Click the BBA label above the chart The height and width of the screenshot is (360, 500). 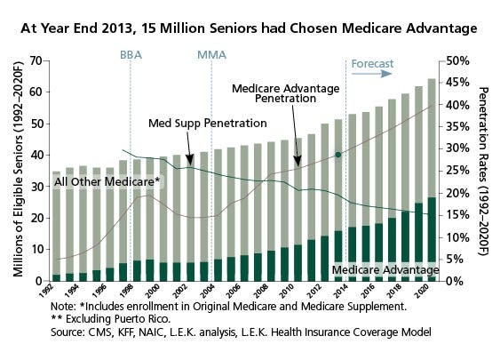(x=131, y=55)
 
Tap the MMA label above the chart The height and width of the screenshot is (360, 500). (x=211, y=55)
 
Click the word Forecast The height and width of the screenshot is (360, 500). (x=372, y=64)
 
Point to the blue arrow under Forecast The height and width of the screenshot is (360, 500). (x=371, y=74)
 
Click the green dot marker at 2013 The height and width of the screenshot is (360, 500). (x=338, y=155)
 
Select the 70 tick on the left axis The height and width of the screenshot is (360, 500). (x=36, y=60)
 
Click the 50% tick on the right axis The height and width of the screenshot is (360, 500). (x=458, y=61)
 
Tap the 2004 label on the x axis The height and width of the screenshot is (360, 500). (x=208, y=292)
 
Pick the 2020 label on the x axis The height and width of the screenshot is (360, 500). (x=422, y=292)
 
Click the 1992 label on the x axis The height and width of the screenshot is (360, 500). (x=46, y=291)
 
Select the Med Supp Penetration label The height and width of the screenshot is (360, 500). (x=208, y=124)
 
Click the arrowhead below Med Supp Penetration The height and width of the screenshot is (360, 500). (x=190, y=159)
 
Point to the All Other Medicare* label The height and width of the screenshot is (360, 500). (x=107, y=182)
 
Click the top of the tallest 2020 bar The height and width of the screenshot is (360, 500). (x=432, y=79)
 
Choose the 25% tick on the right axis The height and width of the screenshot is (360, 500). (x=458, y=171)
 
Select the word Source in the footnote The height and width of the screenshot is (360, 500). (x=67, y=332)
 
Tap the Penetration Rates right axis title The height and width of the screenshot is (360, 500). (x=484, y=172)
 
